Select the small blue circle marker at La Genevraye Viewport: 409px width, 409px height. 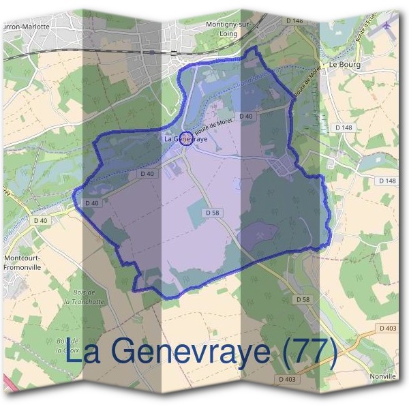(185, 138)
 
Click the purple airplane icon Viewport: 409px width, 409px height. (388, 25)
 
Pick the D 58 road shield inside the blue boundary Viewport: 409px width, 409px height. (213, 213)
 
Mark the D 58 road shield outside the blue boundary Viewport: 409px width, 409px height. (303, 299)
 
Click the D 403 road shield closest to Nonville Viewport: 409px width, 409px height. (388, 329)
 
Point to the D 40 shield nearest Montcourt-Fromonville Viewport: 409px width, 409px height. (40, 220)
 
